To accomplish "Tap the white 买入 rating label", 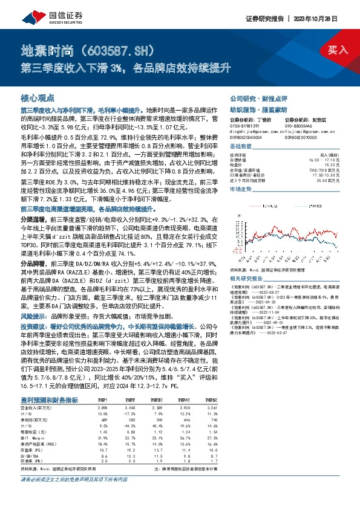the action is pos(335,50).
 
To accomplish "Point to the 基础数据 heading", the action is pos(241,146).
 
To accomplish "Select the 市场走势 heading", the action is pos(241,189).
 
